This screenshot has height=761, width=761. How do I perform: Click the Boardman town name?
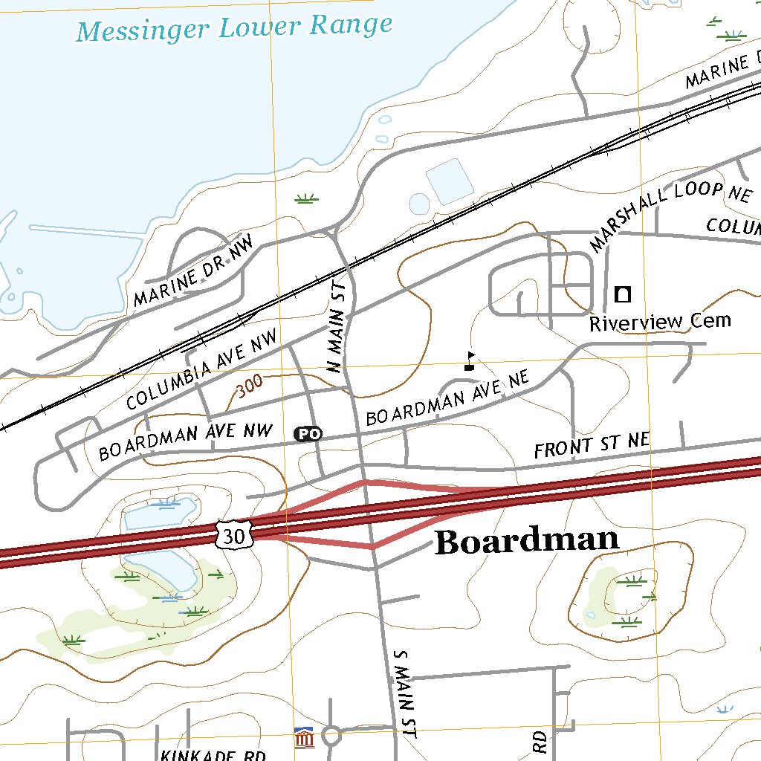(526, 541)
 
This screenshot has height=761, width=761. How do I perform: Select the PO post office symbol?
(308, 433)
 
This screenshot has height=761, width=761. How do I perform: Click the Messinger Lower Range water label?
(234, 27)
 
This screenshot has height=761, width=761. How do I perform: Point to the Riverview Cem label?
(660, 322)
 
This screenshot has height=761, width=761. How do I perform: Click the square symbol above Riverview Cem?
(623, 294)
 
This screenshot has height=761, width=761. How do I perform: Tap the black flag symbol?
(470, 361)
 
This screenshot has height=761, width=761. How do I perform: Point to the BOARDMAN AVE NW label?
(186, 441)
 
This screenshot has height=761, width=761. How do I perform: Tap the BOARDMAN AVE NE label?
(447, 398)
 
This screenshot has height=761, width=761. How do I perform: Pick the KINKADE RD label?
(213, 755)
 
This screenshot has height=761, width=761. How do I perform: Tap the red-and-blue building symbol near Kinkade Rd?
(303, 738)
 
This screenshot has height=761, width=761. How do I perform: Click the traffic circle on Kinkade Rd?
(331, 736)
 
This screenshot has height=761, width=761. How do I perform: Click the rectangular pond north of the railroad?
(449, 181)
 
